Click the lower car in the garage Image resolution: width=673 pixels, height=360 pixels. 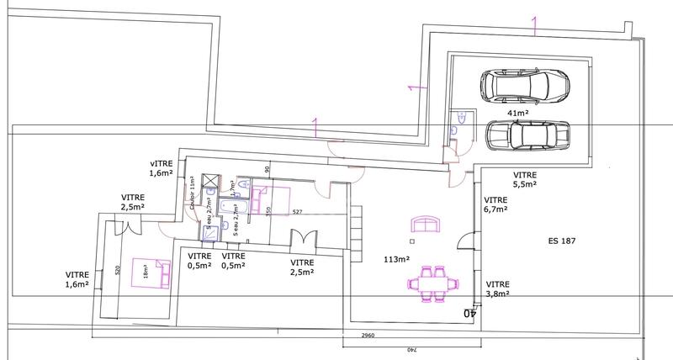pos(527,135)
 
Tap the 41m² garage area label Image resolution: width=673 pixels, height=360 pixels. pos(517,112)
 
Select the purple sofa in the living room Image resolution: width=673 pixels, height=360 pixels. pos(427,223)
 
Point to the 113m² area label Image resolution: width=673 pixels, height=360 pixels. pos(396,260)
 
